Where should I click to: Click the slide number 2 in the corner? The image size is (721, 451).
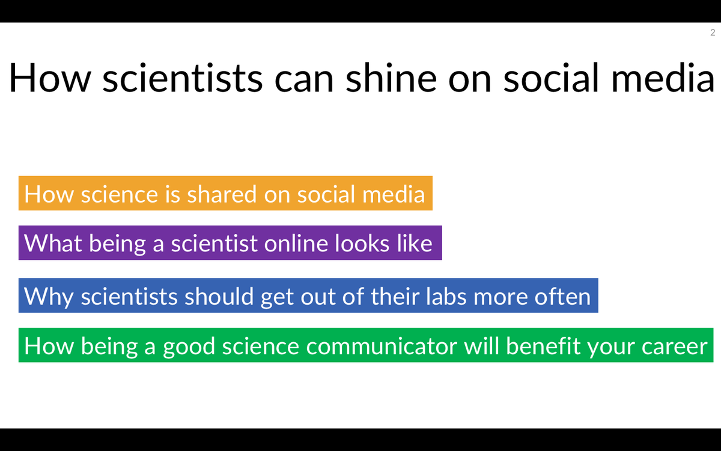point(713,32)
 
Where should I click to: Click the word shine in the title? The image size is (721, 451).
point(395,78)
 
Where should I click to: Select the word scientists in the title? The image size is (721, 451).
point(182,78)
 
